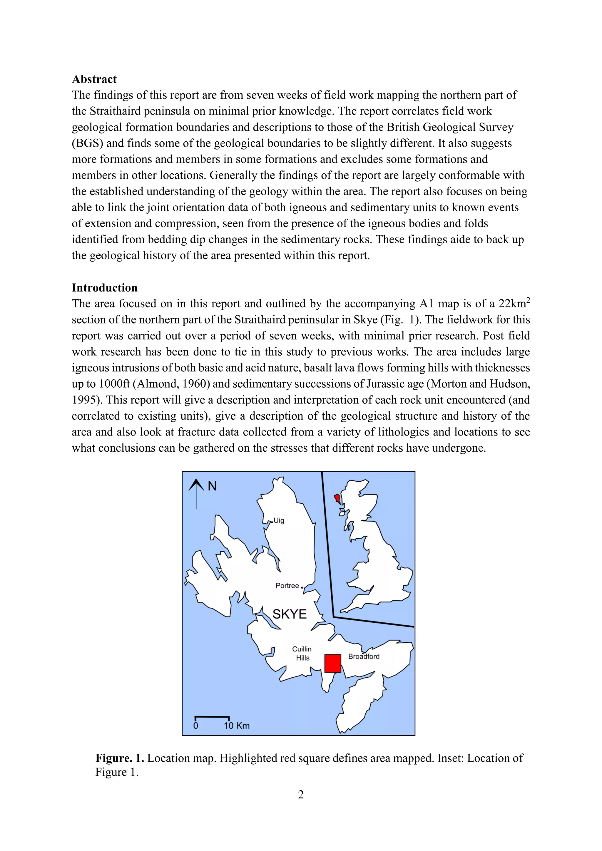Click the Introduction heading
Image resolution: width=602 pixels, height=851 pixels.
pos(105,288)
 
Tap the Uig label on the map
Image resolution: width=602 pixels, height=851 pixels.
pos(279,521)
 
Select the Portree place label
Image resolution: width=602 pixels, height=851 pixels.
pos(287,586)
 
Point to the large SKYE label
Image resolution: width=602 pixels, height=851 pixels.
pos(290,614)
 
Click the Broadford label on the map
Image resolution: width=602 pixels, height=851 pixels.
pos(364,656)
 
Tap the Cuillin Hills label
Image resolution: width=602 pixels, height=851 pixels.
pos(302,654)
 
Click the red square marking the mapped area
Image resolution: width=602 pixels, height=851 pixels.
pos(332,664)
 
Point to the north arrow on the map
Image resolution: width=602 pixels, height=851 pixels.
pos(196,493)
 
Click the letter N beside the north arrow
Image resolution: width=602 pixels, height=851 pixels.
pos(212,486)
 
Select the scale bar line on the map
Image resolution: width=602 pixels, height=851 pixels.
pos(212,718)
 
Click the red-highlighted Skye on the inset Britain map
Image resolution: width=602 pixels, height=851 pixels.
pos(337,497)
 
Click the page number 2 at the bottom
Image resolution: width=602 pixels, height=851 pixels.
pos(301,794)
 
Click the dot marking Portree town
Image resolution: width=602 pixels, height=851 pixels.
pos(302,587)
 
